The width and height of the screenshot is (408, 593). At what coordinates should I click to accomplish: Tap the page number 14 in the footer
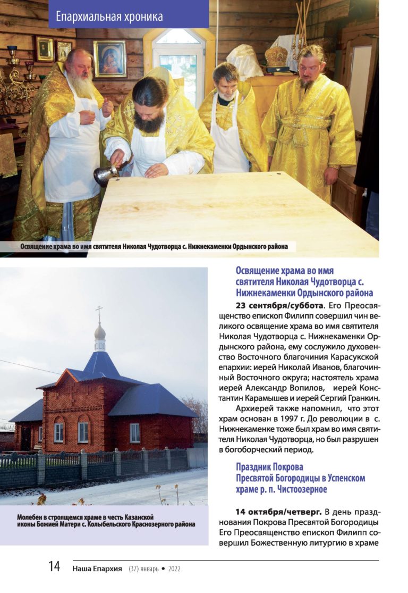55,567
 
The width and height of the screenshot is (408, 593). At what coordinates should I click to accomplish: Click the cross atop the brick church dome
99,313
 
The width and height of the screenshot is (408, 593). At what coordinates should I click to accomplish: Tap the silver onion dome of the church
99,332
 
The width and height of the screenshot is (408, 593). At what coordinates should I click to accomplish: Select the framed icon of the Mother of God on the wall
109,58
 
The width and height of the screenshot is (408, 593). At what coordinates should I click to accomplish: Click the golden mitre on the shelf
276,56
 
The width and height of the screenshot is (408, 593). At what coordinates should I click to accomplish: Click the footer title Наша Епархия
97,569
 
